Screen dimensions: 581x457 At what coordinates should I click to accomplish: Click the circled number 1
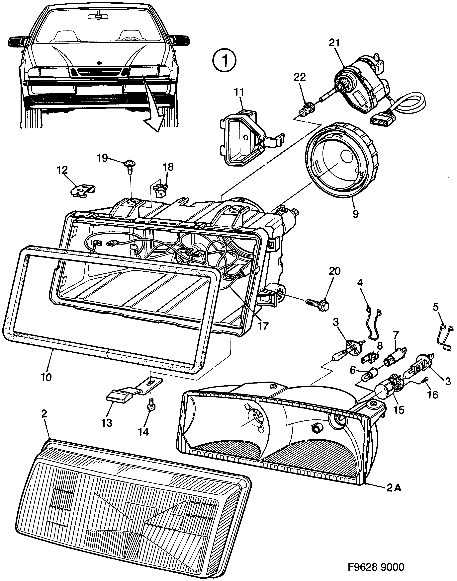click(x=225, y=61)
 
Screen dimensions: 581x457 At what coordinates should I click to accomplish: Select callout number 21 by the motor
click(x=334, y=43)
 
